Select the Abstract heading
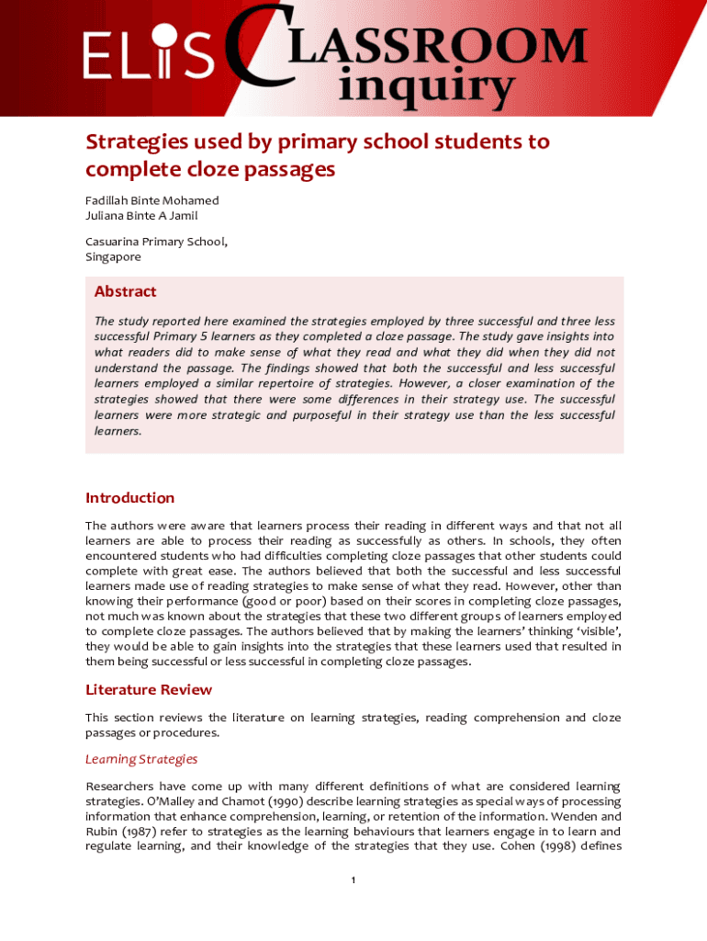coord(125,291)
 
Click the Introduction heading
coord(129,498)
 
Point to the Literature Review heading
coord(150,689)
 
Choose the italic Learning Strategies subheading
coord(141,759)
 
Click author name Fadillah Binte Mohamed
coord(151,200)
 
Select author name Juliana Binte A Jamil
coord(141,216)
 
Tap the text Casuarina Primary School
coord(156,242)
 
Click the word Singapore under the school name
coord(113,257)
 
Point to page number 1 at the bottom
coord(353,880)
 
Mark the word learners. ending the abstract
coord(118,430)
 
